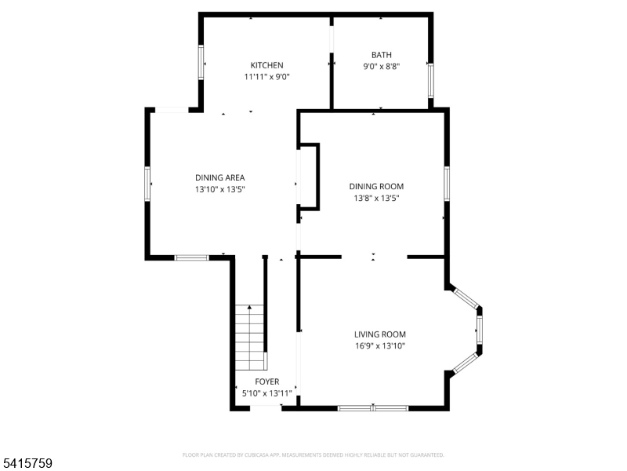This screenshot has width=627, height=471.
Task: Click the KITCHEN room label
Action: (266, 65)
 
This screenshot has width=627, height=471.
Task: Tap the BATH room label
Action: (382, 55)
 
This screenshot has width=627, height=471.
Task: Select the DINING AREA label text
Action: (220, 178)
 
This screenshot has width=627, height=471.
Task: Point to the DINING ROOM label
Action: (376, 186)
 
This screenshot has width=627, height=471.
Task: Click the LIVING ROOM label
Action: (380, 334)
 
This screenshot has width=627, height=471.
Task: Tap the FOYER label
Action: (267, 382)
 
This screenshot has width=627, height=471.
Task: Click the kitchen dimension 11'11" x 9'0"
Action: (266, 76)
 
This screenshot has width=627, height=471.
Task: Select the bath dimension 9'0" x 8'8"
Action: (382, 66)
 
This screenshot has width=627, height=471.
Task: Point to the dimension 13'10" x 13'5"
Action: (220, 189)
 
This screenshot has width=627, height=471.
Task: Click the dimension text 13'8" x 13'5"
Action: (376, 198)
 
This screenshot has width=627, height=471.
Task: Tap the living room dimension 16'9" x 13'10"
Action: (380, 345)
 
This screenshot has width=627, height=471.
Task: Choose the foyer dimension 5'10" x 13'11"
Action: (267, 393)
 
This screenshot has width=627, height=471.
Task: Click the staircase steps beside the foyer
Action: (250, 338)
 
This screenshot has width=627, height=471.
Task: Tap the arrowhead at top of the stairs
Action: (249, 307)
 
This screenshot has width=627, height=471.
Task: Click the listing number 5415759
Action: (26, 463)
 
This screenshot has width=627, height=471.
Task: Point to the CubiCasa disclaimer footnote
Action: (313, 455)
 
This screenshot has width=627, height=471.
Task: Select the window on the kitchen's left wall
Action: (201, 62)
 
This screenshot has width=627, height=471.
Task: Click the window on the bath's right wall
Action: (430, 81)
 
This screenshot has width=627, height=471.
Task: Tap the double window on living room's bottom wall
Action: (373, 408)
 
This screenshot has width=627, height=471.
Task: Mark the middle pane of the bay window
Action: (480, 329)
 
